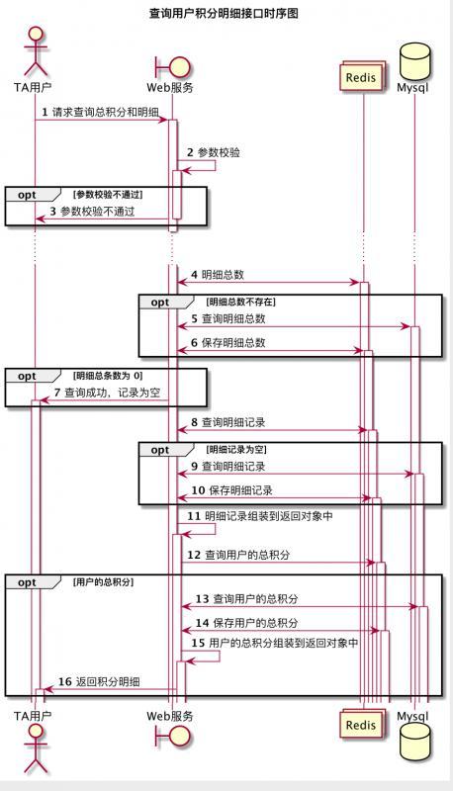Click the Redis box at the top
(x=361, y=77)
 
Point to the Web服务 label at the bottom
(x=170, y=714)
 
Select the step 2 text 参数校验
(x=219, y=153)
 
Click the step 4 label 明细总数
(x=223, y=274)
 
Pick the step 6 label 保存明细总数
(x=233, y=342)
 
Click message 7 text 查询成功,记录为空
(x=112, y=393)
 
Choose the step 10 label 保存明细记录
(x=240, y=489)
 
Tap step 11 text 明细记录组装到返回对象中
(x=268, y=516)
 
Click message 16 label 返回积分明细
(x=108, y=682)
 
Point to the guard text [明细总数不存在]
(x=240, y=301)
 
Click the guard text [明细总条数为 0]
(x=108, y=376)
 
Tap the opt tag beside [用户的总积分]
(x=27, y=582)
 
